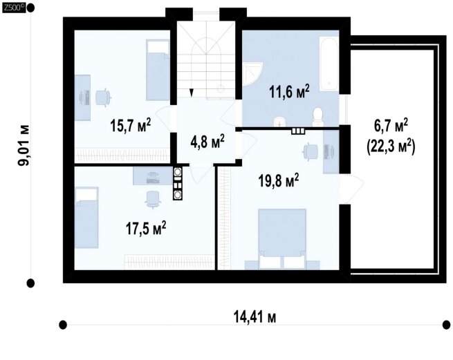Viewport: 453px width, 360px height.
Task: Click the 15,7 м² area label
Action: point(130,126)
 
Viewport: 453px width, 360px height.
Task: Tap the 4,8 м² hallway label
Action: point(207,142)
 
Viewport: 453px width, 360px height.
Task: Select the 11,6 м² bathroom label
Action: point(289,92)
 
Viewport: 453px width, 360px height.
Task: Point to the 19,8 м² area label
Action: point(279,181)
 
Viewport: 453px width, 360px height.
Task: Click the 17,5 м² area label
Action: point(146,228)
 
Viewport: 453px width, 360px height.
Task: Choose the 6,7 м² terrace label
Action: point(391,126)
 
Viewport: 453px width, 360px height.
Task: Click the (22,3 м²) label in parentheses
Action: point(391,147)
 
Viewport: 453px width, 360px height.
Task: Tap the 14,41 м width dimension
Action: point(255,316)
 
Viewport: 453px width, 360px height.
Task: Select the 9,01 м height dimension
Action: point(24,145)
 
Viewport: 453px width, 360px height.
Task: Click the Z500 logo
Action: point(14,8)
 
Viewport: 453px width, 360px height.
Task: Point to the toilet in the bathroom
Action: point(318,117)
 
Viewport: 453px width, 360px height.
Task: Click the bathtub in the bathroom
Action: point(329,64)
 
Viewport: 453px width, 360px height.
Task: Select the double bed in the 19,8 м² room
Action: point(282,239)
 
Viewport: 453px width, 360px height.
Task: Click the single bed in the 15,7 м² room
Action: point(158,70)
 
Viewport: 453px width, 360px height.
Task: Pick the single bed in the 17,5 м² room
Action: point(86,218)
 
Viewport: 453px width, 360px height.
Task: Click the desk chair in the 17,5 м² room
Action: point(152,199)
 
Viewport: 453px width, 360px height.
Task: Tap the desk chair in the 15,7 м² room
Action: point(103,97)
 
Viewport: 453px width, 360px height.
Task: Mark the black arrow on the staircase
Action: point(191,93)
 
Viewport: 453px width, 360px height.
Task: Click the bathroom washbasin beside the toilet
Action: point(279,121)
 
